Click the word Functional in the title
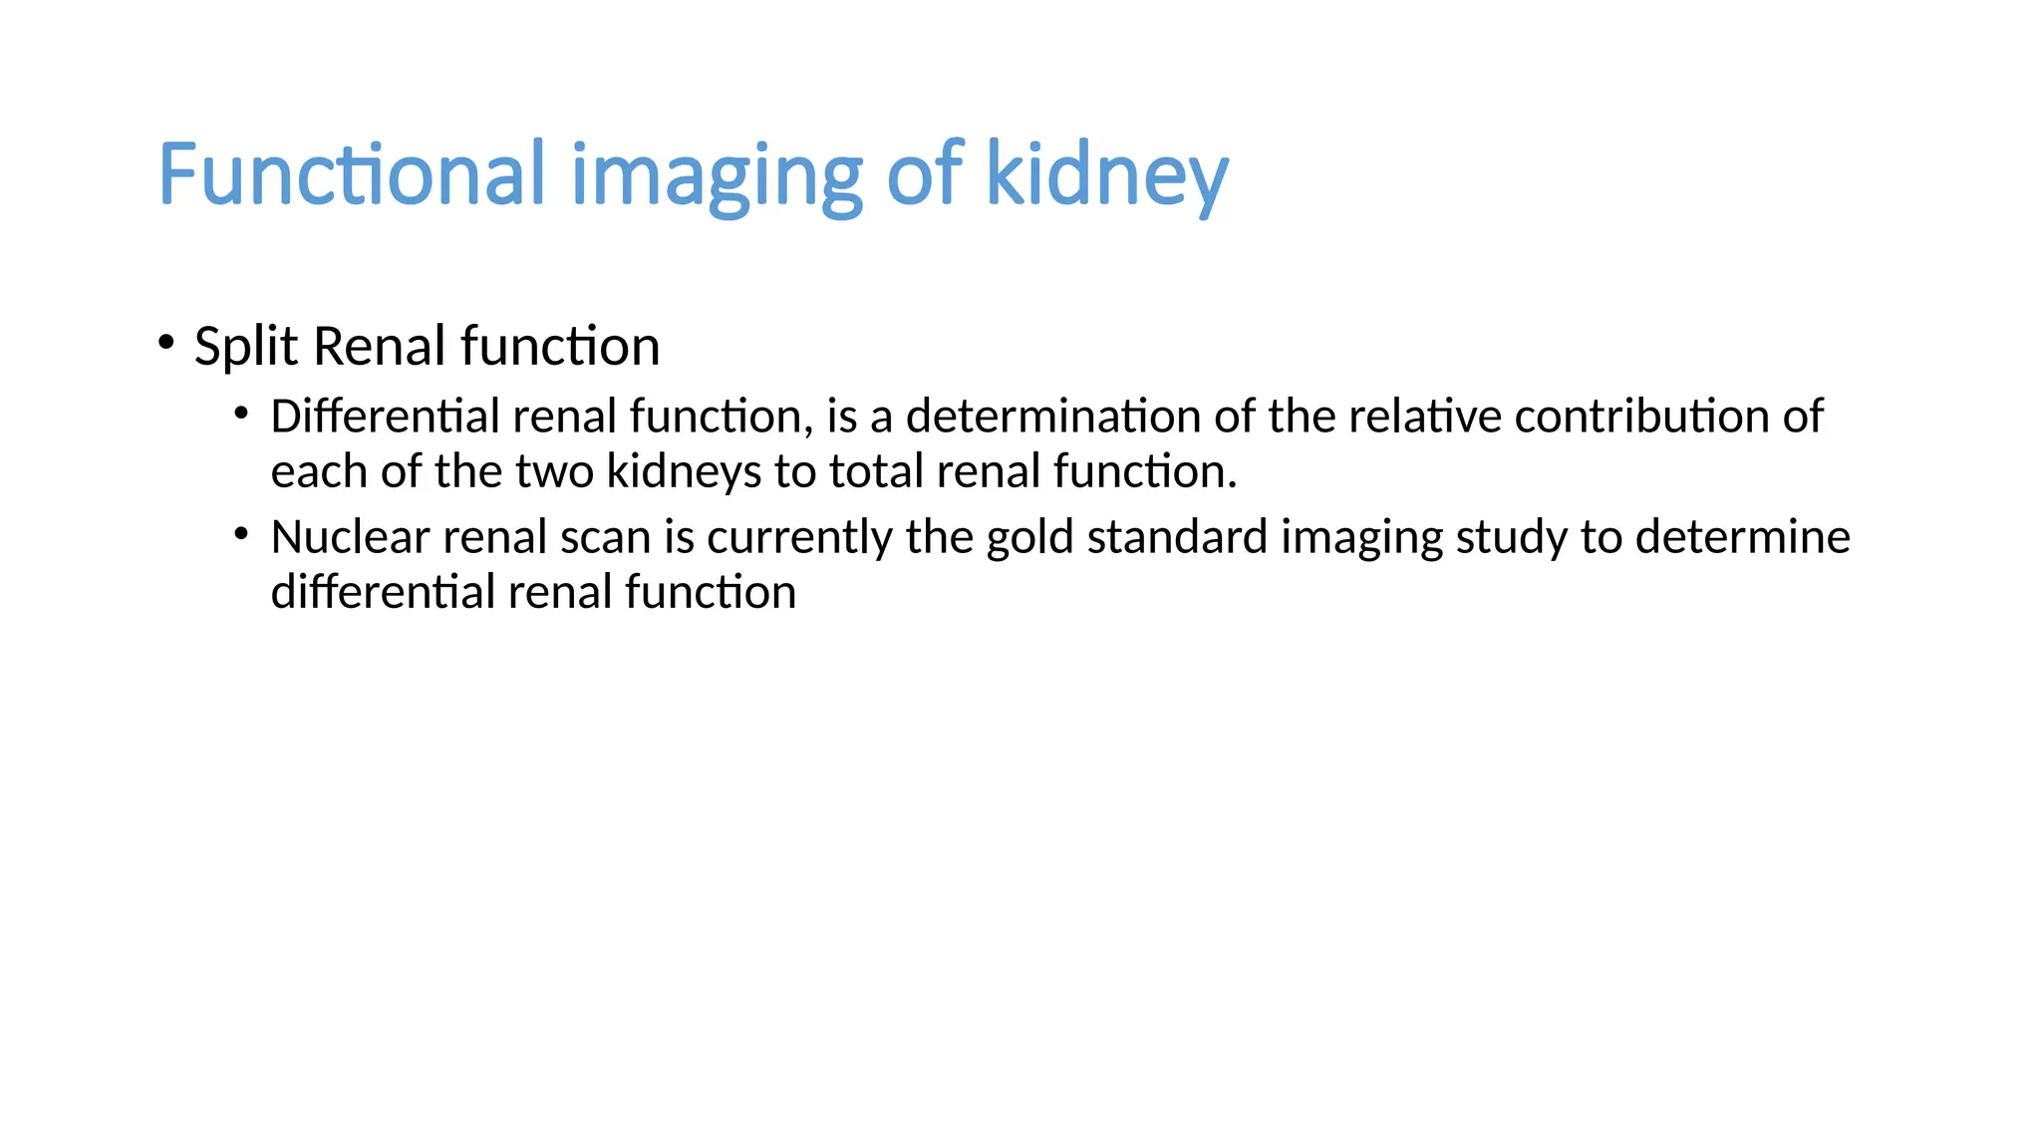(352, 174)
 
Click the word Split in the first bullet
(245, 347)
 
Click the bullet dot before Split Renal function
(166, 343)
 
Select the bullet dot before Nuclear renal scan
(241, 534)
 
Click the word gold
(1029, 538)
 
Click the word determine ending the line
(1742, 538)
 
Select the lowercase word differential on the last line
(383, 593)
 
